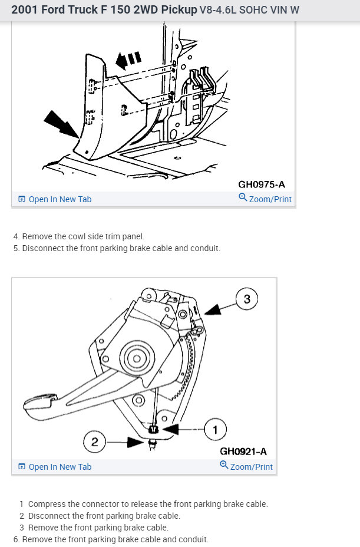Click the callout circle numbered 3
(x=247, y=299)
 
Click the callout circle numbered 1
(x=215, y=430)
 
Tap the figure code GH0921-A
(x=243, y=452)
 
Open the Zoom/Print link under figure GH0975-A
(x=265, y=199)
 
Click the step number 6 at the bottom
(x=16, y=539)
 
